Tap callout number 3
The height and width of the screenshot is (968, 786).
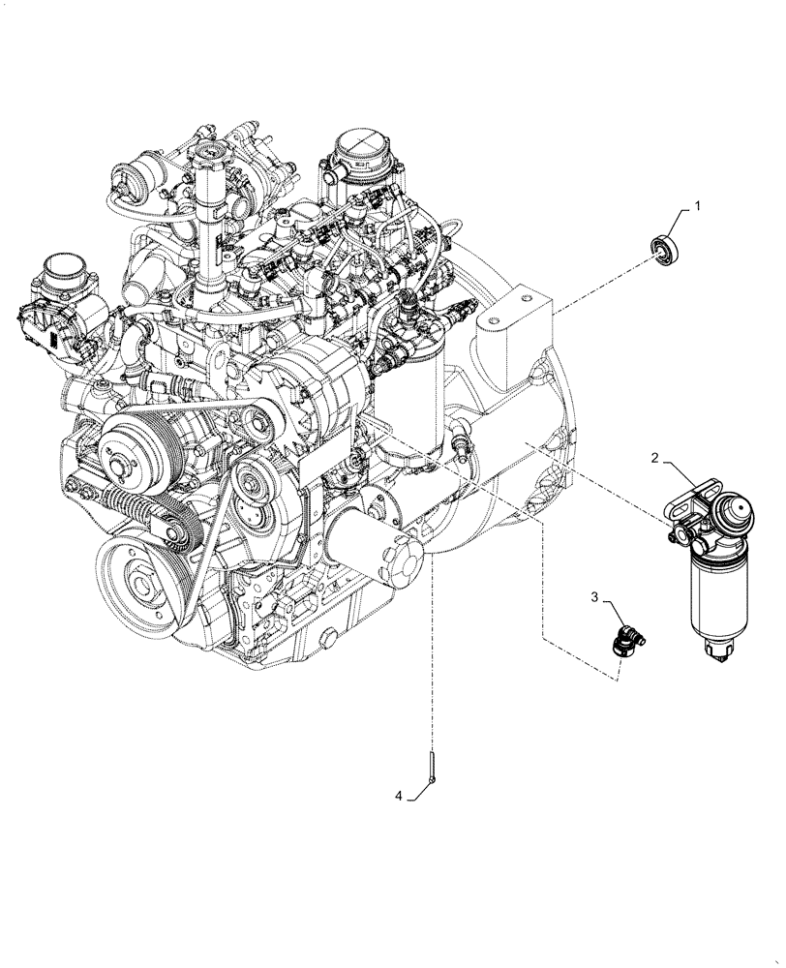595,602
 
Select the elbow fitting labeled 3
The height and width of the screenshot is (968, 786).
628,641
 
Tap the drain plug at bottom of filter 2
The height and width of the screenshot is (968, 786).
721,659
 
